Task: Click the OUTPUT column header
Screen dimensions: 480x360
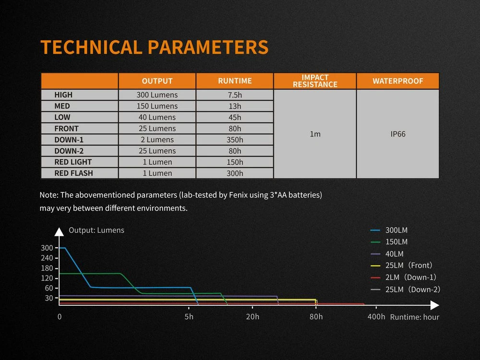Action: pos(157,81)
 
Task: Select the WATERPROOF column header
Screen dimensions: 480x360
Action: pos(397,81)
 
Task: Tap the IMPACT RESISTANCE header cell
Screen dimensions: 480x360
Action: pos(315,81)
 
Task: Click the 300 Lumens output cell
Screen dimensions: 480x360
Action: pos(157,95)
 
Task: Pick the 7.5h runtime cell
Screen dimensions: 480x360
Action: pos(235,95)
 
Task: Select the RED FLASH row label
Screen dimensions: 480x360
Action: pos(73,173)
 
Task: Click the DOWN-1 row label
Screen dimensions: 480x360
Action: pos(69,140)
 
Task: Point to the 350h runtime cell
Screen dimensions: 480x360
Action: pos(235,140)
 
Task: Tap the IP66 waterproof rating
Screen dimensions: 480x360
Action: pos(398,134)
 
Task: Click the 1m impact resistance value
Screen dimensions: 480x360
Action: pos(315,134)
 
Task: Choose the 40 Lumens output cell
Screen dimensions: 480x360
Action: pos(157,117)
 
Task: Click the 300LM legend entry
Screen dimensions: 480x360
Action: pos(389,230)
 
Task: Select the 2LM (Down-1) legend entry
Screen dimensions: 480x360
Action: pos(403,277)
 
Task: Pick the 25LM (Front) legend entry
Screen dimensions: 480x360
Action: pos(401,265)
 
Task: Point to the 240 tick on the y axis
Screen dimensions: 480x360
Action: pos(47,258)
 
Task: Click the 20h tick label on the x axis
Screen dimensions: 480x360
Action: pos(252,316)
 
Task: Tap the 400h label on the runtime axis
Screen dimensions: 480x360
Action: pos(376,316)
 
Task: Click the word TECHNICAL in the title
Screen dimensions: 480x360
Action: pos(92,47)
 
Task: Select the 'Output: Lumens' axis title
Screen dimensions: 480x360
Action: pos(96,230)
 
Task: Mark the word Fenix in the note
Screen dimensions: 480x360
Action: pos(237,195)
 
